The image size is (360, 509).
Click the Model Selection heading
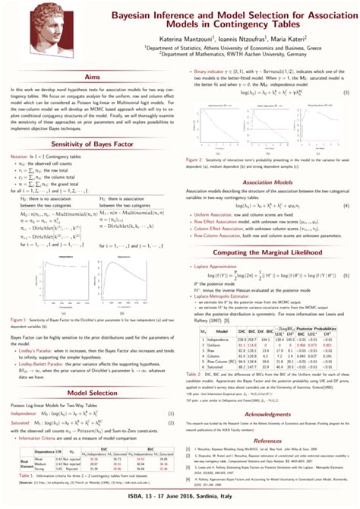coord(91,394)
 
